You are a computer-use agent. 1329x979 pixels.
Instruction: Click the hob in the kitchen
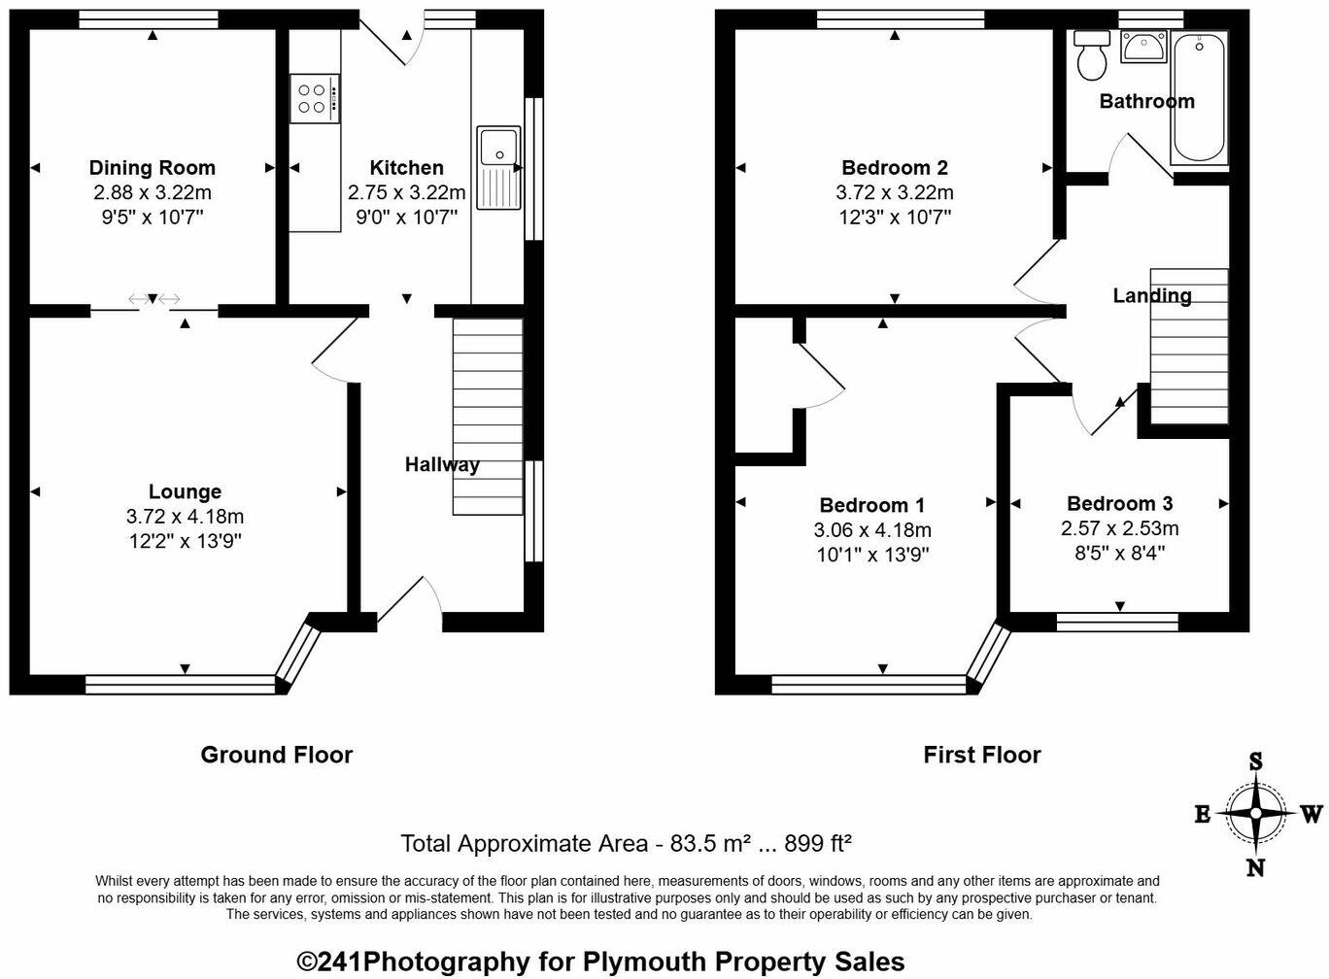click(314, 99)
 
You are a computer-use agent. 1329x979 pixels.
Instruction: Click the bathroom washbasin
click(1144, 46)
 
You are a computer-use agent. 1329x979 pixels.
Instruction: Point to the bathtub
click(1199, 97)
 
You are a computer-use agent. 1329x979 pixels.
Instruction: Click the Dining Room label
click(152, 168)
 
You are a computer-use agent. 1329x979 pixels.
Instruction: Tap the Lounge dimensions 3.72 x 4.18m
click(185, 517)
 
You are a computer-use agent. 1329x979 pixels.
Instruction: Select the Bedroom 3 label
click(1119, 503)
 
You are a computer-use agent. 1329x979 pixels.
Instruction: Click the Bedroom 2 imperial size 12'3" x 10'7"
click(894, 218)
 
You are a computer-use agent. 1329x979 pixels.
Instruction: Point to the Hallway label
click(442, 465)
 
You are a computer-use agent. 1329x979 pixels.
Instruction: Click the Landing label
click(1151, 296)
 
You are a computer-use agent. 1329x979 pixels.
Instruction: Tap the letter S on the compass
click(1255, 762)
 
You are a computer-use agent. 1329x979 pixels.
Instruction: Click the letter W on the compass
click(1311, 814)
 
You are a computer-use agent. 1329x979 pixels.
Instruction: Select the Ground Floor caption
click(276, 755)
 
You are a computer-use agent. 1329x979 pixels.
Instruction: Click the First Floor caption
click(981, 755)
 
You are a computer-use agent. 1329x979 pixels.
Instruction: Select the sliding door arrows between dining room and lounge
click(154, 299)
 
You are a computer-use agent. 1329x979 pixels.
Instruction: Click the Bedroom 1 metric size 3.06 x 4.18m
click(871, 530)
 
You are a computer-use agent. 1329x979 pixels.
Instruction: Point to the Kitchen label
click(406, 168)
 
